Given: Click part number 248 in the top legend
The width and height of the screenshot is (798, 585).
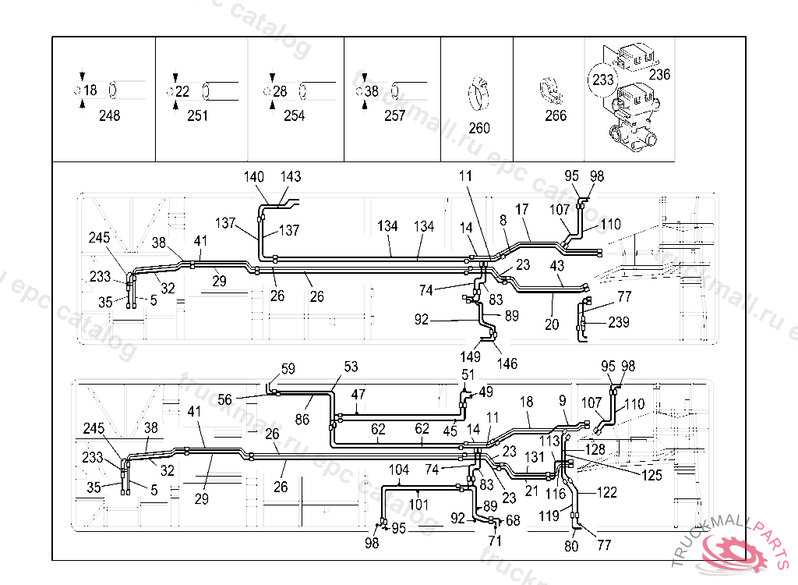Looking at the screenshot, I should click(x=109, y=116).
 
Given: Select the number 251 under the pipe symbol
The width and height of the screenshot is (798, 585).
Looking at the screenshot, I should click(x=198, y=116).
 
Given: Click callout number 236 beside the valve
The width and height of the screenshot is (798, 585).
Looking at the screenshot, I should click(x=659, y=75).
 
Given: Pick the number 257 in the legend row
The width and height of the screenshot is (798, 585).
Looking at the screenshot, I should click(x=395, y=116).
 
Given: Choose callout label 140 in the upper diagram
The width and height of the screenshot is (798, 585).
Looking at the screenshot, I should click(x=254, y=177).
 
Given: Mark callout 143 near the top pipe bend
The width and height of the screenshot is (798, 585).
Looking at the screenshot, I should click(x=291, y=177).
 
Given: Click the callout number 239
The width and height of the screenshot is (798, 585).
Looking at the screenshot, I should click(x=619, y=322).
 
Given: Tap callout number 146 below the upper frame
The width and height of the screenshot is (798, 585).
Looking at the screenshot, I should click(x=507, y=363).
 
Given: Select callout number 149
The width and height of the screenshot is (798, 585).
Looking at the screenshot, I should click(x=470, y=356).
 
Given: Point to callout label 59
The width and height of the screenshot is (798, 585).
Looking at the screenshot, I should click(x=288, y=368).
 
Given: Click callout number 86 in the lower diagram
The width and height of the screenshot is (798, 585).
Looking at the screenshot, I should click(x=302, y=420).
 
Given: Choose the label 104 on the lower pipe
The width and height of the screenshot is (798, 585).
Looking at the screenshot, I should click(x=399, y=470).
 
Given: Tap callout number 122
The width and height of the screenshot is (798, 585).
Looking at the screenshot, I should click(x=607, y=492).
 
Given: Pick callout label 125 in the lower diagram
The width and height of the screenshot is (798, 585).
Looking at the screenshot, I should click(x=651, y=474).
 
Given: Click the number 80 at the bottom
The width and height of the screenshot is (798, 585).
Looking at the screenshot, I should click(x=572, y=546).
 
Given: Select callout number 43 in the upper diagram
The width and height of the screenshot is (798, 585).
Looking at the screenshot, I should click(x=556, y=266).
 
